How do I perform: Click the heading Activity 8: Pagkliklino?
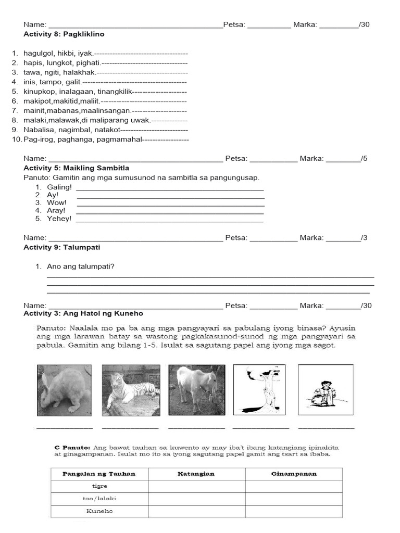point(64,34)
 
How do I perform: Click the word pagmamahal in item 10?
point(121,139)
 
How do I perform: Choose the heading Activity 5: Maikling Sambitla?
point(77,168)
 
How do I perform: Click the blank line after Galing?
point(170,188)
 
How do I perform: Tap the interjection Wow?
point(57,202)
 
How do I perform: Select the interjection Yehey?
point(59,219)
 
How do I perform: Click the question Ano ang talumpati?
point(81,266)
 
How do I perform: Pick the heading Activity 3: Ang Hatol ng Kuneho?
point(83,313)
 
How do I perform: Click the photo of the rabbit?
point(64,390)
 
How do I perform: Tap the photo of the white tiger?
point(130,390)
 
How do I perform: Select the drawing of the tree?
point(259,390)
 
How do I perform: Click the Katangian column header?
point(196,474)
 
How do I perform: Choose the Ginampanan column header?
point(294,474)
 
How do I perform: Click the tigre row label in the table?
point(99,486)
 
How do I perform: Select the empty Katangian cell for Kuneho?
point(196,511)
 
